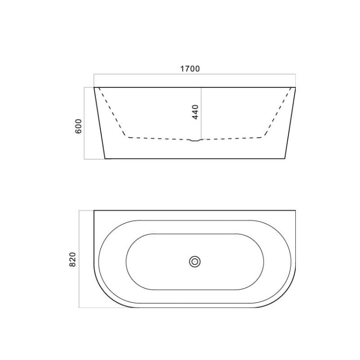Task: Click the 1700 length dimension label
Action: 190,69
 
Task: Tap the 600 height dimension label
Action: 79,126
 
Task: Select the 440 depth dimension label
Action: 195,112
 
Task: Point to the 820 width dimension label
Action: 72,259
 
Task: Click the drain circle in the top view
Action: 195,262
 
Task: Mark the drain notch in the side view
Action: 195,140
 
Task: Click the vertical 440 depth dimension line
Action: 201,113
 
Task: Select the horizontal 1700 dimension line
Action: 195,74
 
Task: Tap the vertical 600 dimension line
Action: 84,123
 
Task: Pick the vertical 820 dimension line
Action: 79,259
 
